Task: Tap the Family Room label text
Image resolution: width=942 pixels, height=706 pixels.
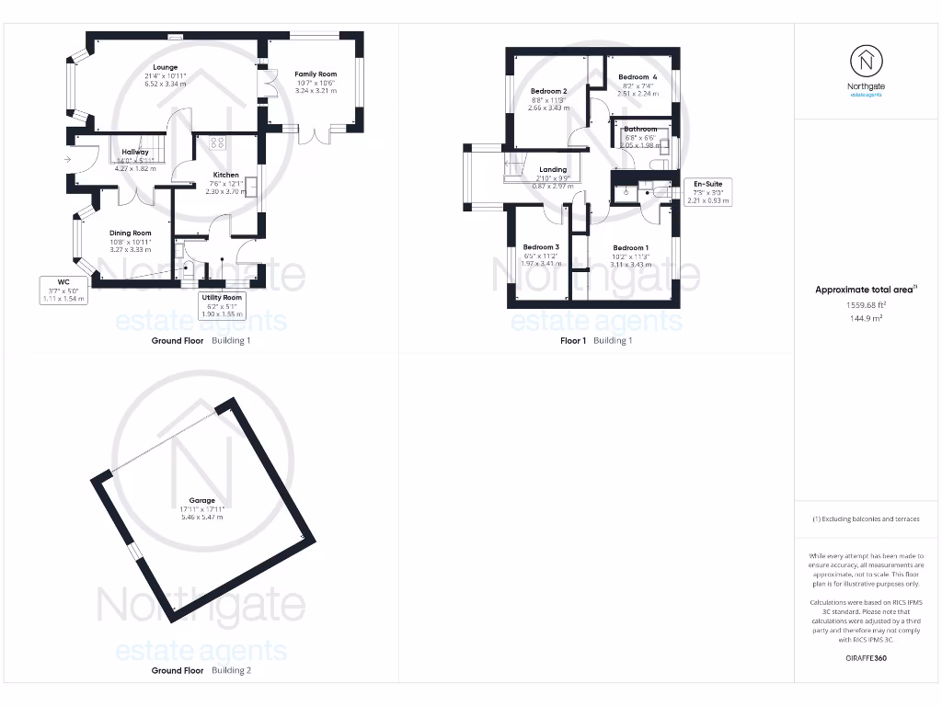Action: [316, 74]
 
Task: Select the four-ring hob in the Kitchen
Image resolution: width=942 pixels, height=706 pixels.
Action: [219, 142]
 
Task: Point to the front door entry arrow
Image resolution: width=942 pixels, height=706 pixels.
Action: [66, 159]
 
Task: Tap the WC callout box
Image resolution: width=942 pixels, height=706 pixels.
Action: [63, 290]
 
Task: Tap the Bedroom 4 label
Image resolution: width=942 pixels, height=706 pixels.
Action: [638, 77]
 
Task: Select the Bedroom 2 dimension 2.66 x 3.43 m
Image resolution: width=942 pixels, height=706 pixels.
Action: [548, 108]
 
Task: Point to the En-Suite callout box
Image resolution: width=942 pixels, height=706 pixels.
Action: [707, 191]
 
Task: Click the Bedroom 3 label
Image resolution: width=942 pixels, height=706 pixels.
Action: [541, 247]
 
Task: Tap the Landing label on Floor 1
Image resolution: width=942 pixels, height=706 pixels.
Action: [553, 170]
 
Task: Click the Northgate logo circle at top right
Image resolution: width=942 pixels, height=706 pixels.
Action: [866, 62]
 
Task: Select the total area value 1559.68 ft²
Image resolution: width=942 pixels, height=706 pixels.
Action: [866, 305]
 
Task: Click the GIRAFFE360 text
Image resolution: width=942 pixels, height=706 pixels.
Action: [866, 658]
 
